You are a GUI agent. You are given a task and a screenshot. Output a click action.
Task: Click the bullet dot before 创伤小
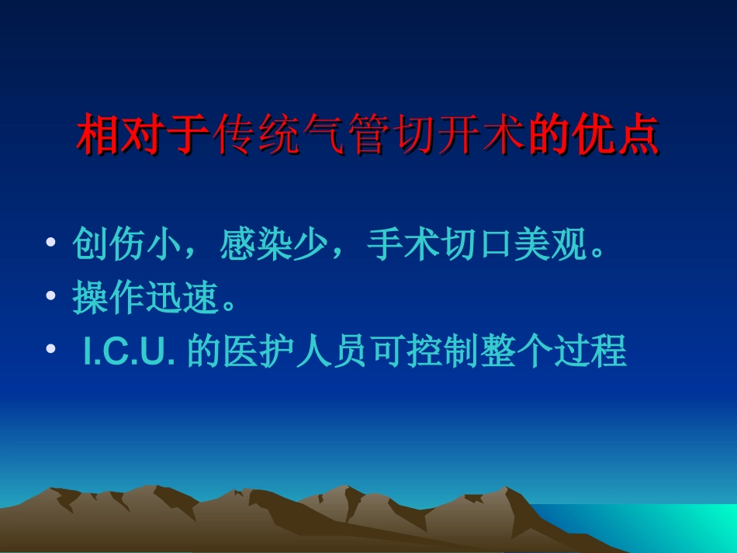pyautogui.click(x=50, y=245)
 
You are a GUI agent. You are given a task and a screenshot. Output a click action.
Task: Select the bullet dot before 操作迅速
pyautogui.click(x=50, y=298)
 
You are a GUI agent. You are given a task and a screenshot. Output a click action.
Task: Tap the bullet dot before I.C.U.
pyautogui.click(x=50, y=351)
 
